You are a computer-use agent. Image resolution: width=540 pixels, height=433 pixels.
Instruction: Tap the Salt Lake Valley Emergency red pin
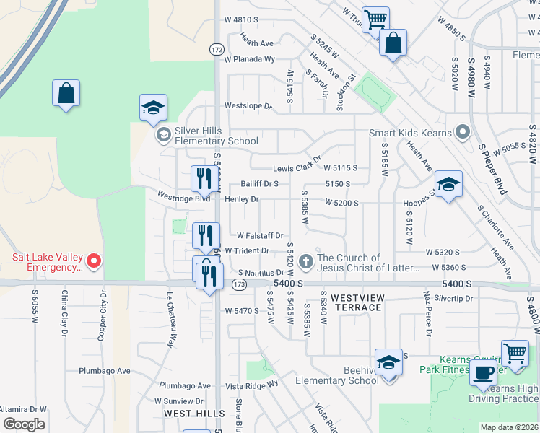point(93,261)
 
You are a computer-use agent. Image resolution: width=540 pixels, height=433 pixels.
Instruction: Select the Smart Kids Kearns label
point(409,133)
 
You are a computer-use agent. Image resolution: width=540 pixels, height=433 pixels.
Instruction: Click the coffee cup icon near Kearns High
point(483,373)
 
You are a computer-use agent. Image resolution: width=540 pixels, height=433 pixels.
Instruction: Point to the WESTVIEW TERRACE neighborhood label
point(356,302)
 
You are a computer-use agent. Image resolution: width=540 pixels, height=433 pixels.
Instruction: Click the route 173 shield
point(240,285)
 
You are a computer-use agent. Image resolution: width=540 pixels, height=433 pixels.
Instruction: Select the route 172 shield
point(217,49)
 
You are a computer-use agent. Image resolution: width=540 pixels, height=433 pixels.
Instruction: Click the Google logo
point(24,424)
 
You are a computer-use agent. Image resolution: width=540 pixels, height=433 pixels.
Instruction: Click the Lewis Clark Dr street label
point(296,168)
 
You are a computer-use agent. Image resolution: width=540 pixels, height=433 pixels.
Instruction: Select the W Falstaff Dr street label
point(260,235)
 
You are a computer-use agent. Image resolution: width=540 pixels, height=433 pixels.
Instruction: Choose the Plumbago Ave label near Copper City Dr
point(105,371)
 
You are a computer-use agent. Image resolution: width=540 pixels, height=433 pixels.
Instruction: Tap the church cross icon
point(305,261)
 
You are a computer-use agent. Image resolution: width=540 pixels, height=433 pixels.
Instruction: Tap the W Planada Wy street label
point(250,59)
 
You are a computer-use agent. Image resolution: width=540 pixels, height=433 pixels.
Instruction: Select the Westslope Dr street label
point(248,106)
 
